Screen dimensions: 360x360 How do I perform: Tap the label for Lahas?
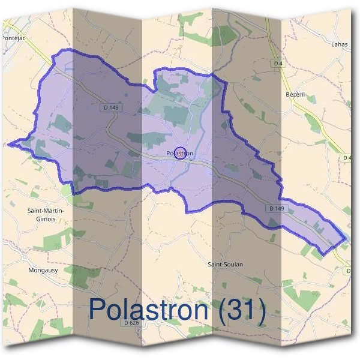click(x=340, y=44)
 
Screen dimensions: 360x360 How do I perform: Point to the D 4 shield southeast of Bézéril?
click(x=347, y=158)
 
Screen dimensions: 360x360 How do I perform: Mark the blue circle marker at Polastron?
click(x=181, y=154)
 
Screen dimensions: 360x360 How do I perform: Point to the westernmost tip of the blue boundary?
click(x=8, y=144)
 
